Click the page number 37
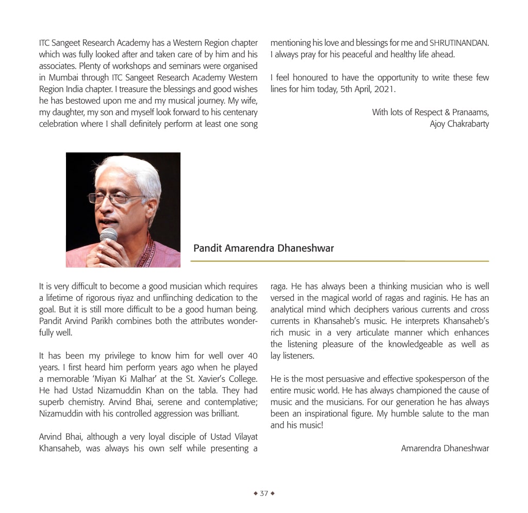(x=264, y=493)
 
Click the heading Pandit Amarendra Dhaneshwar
(x=263, y=248)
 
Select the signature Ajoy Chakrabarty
(x=459, y=124)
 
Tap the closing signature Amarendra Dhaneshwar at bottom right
(x=444, y=448)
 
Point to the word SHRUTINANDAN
(x=459, y=43)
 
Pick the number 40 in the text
(x=253, y=356)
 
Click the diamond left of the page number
(x=255, y=493)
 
